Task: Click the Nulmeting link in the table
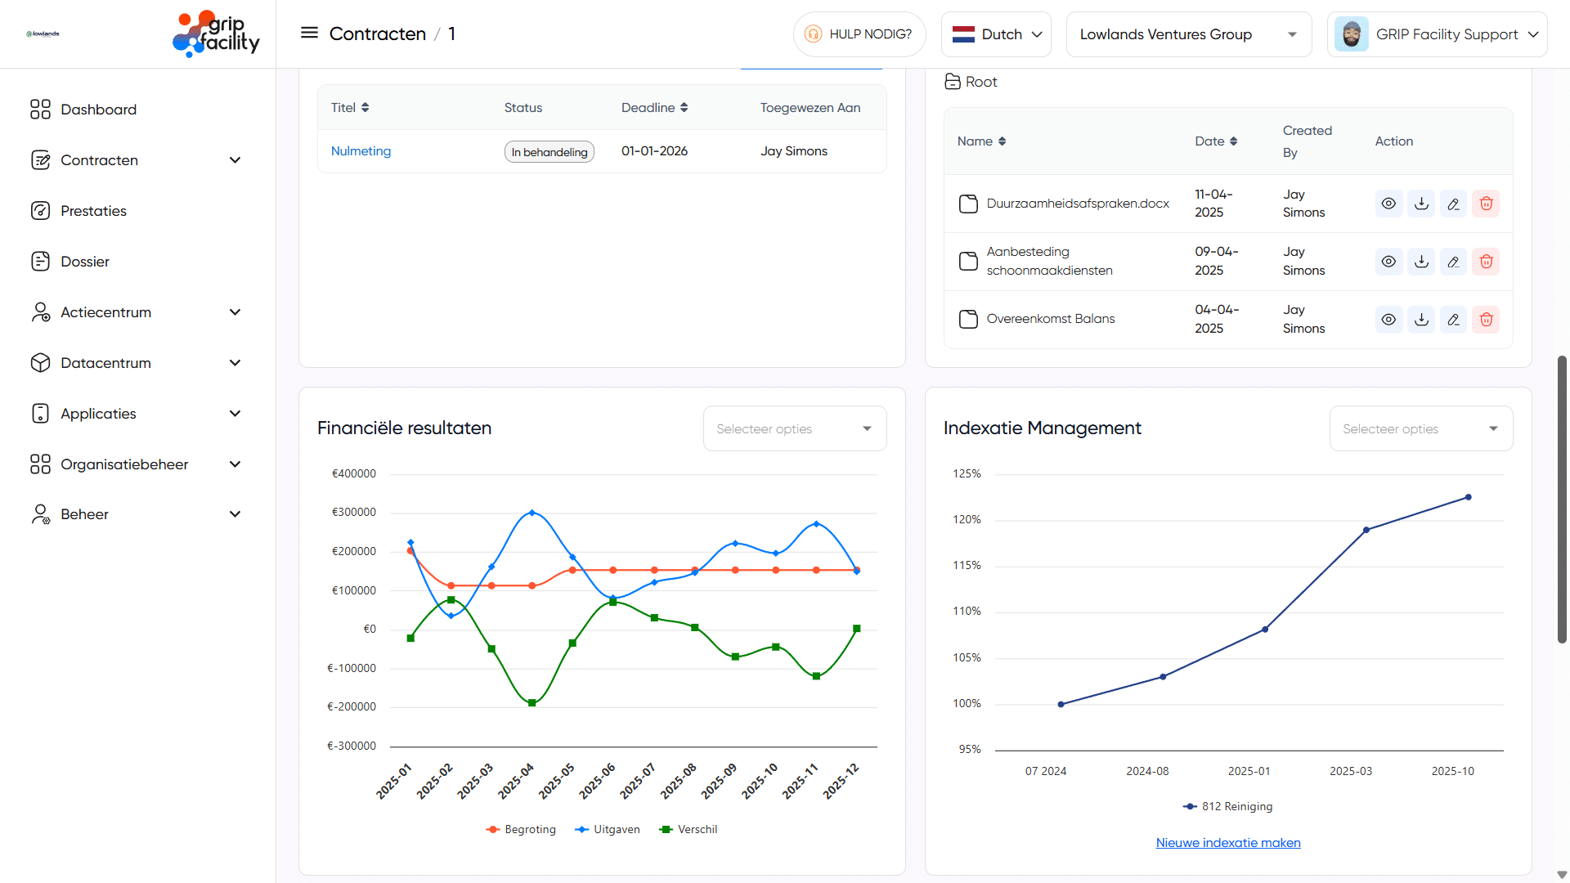click(x=361, y=151)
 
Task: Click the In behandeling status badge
click(x=549, y=152)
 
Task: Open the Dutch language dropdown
click(x=996, y=34)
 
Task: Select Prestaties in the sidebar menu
click(x=93, y=211)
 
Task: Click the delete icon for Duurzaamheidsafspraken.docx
click(x=1486, y=204)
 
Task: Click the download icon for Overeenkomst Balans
click(x=1421, y=320)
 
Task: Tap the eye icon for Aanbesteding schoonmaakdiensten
click(x=1388, y=262)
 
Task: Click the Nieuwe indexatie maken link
click(x=1227, y=843)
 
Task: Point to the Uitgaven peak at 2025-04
click(x=532, y=513)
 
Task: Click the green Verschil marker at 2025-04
click(x=532, y=703)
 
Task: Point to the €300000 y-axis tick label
click(x=353, y=513)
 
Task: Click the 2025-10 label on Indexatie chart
click(x=1452, y=771)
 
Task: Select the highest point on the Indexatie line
click(x=1468, y=497)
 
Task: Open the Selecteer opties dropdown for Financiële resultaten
click(x=794, y=428)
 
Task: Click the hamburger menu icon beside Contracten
click(x=309, y=34)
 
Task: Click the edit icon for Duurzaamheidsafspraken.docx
click(x=1453, y=204)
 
